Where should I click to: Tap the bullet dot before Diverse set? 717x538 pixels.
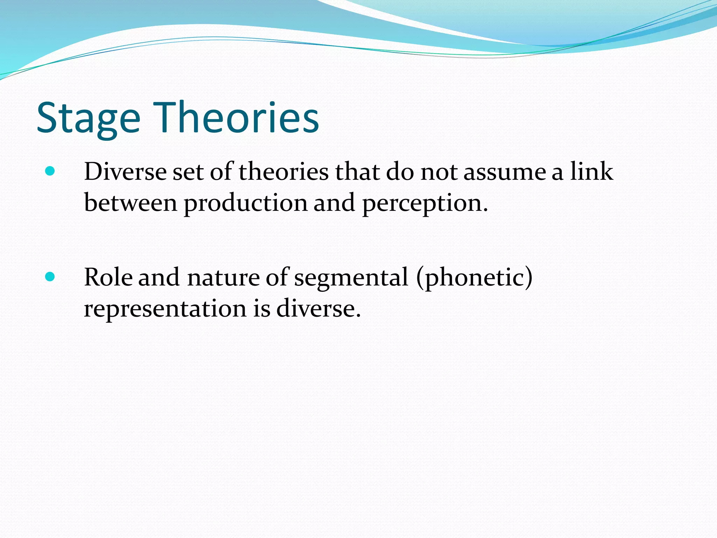[50, 171]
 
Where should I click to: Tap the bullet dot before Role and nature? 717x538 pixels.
[50, 277]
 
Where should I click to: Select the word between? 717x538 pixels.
[131, 203]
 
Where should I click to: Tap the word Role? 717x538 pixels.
[108, 277]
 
